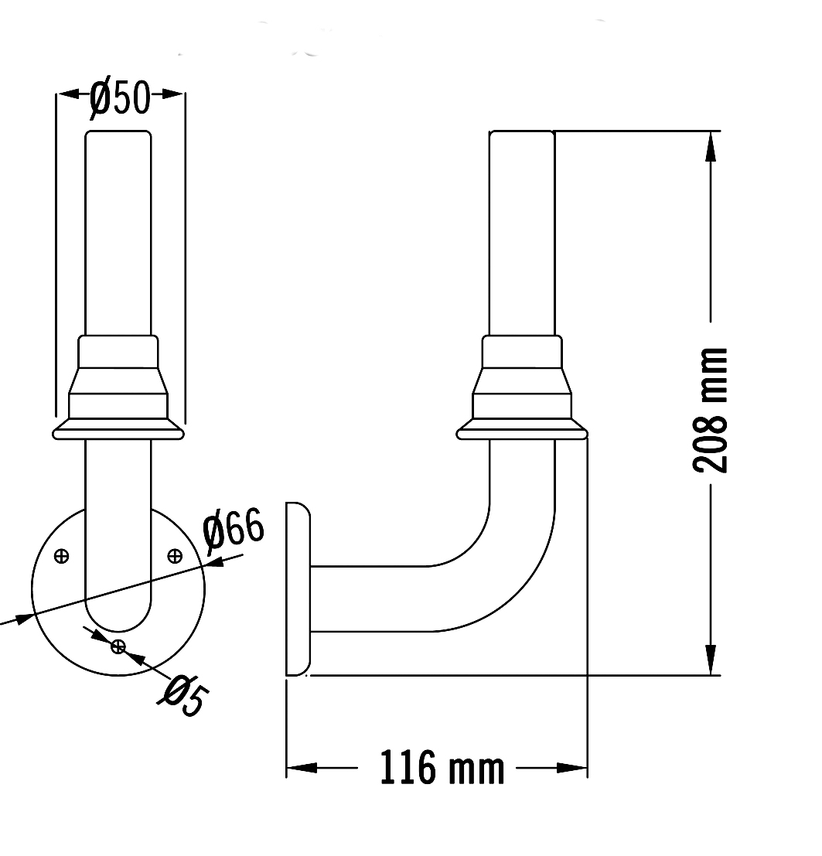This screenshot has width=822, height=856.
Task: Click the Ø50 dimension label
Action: tap(120, 99)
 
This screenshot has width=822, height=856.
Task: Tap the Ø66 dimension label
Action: tap(234, 528)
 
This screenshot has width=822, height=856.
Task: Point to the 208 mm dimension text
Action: tap(711, 409)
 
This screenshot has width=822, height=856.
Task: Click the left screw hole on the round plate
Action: tap(62, 557)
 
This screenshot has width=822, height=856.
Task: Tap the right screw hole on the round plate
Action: tap(175, 556)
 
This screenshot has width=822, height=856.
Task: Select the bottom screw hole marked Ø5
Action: tap(118, 647)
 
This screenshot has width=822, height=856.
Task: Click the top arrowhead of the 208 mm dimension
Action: tap(710, 146)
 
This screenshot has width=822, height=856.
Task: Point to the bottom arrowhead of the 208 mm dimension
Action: tap(710, 660)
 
